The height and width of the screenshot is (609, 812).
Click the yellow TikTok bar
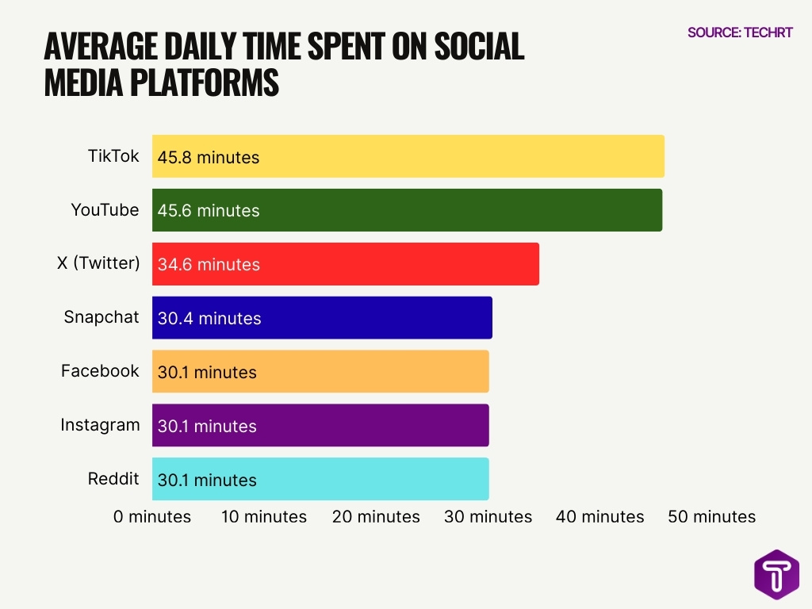pos(408,156)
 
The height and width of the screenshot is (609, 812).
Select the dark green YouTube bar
pos(407,210)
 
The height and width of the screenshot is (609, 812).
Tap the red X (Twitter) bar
pos(345,264)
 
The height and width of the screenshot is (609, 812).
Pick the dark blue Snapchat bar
pos(322,318)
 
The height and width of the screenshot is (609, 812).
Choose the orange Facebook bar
pos(320,372)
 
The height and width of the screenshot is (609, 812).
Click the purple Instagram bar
pos(320,426)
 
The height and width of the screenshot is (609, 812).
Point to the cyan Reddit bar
pos(320,480)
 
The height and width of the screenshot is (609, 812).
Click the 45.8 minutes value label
pos(209,157)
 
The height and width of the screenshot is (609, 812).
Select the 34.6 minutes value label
pos(209,265)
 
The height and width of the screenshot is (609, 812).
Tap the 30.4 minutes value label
pos(209,319)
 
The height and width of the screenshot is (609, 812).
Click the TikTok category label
pos(113,155)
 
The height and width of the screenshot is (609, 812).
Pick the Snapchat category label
pos(101,317)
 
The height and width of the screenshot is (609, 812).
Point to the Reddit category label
pos(113,479)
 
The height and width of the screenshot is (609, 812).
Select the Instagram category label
pos(100,425)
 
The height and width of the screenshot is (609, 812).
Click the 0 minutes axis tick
pos(152,517)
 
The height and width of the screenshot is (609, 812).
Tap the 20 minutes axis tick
pos(376,517)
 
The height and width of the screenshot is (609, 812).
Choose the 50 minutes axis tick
pos(712,517)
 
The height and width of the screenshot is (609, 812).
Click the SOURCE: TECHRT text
pos(740,33)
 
